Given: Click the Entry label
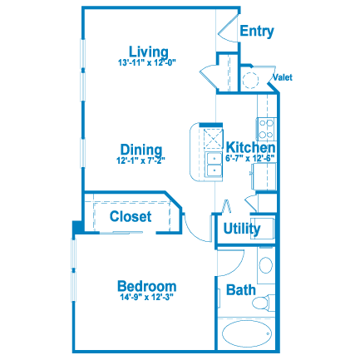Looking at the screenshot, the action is point(257,31).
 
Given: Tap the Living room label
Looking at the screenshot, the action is point(149,52).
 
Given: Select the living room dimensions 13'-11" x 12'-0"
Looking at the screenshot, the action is point(147,62).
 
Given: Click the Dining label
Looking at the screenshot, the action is point(141,150).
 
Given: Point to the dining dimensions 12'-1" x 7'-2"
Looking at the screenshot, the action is point(141,160).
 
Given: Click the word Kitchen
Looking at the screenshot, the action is point(251,147).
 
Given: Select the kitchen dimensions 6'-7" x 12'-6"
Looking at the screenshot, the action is point(250,158).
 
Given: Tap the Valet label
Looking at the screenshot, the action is point(283,77).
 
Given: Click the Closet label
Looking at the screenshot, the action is point(131,216).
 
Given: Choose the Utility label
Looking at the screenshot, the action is point(242,229).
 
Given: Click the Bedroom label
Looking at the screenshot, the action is point(147,286).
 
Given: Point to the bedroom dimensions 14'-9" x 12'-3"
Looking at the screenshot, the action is point(147,297).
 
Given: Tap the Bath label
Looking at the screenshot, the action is point(241,290).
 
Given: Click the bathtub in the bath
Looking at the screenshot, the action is point(247,333).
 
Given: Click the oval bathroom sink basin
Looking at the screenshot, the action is point(266,265).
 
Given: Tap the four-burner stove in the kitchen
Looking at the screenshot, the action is point(265,129).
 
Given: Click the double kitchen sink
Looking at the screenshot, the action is point(214,164).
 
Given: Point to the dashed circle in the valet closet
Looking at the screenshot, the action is point(250,80).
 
